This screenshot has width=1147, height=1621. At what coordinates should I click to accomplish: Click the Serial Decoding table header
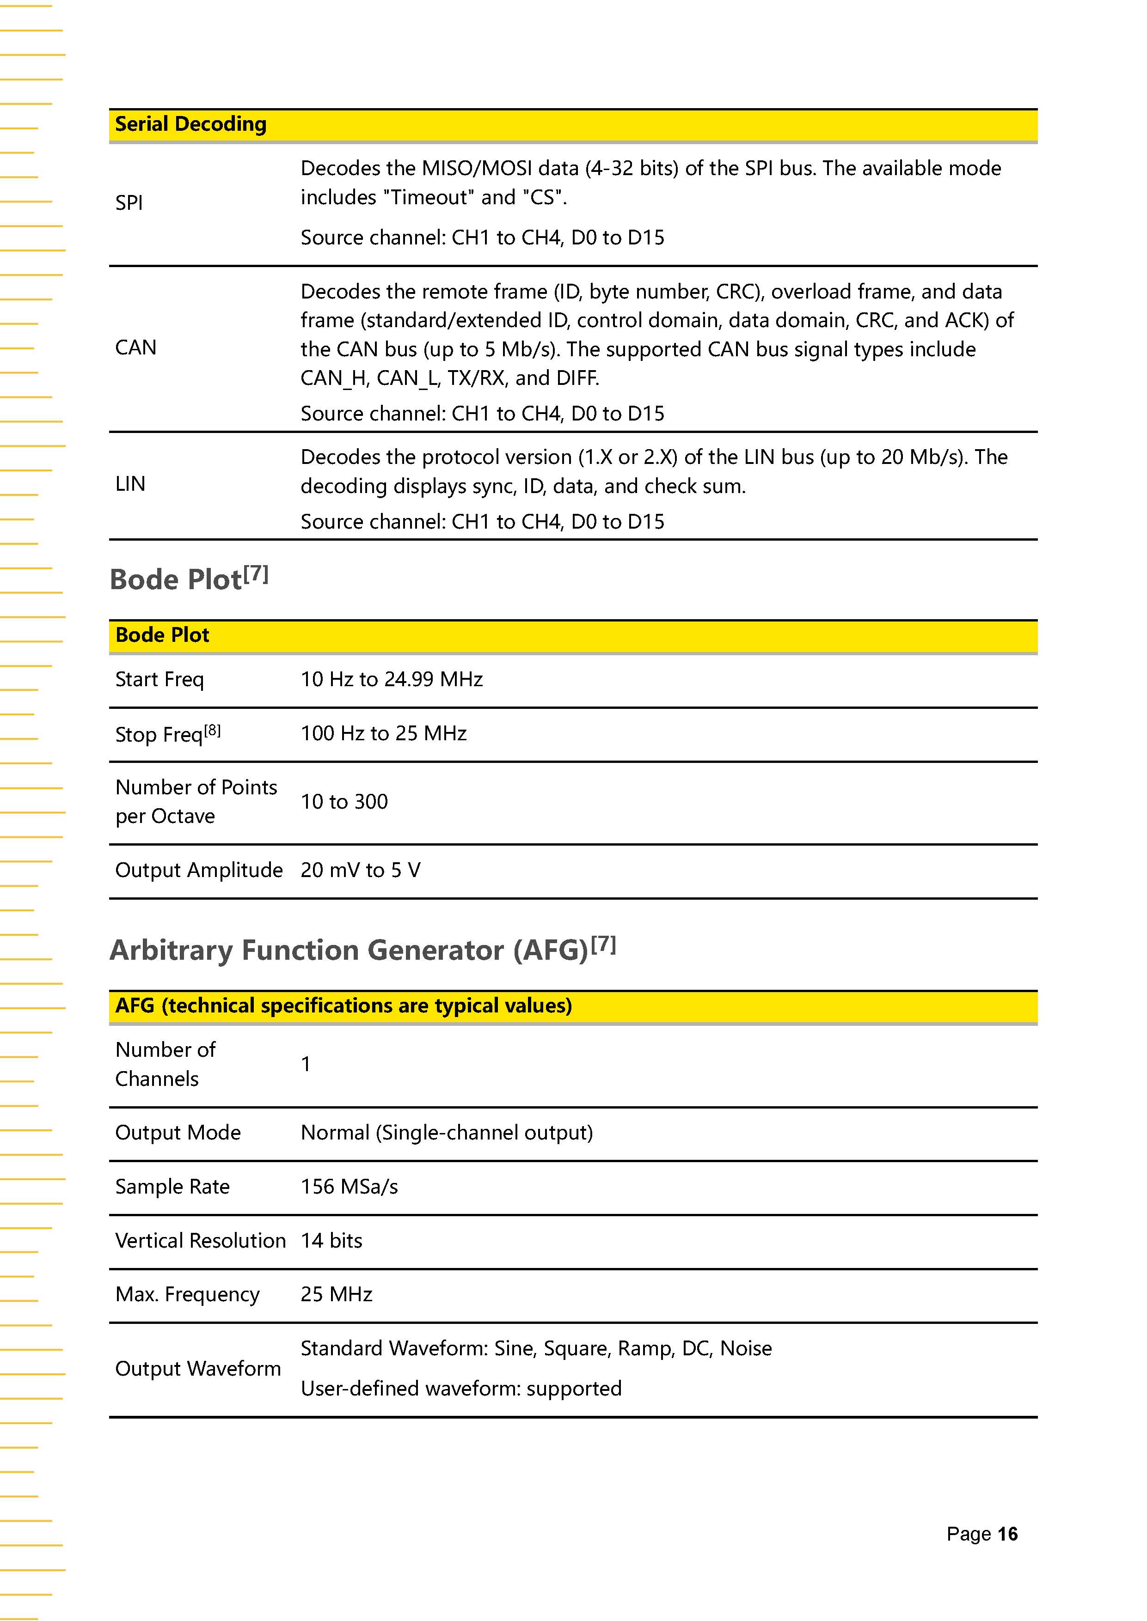coord(190,124)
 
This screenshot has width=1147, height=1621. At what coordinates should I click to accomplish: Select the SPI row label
coord(129,202)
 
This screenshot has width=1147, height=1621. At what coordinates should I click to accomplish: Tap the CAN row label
coord(135,347)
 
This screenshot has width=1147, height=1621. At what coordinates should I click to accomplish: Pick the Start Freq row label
coord(159,679)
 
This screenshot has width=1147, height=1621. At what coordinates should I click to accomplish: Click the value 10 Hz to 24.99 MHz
coord(391,679)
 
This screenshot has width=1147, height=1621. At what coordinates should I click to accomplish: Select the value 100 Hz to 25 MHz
coord(384,733)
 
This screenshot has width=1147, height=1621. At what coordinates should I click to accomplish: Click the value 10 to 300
coord(344,802)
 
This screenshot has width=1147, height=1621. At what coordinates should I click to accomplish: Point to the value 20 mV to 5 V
coord(360,870)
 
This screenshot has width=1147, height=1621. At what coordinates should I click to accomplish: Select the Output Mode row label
coord(178,1133)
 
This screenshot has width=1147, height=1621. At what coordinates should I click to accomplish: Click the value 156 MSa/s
coord(349,1187)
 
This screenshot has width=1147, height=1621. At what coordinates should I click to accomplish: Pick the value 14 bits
coord(331,1240)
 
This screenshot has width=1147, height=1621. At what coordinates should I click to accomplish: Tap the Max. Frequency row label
coord(187,1294)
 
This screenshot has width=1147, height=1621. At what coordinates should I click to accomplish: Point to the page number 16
coord(1007,1534)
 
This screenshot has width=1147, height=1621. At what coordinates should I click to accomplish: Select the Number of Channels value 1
coord(306,1064)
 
